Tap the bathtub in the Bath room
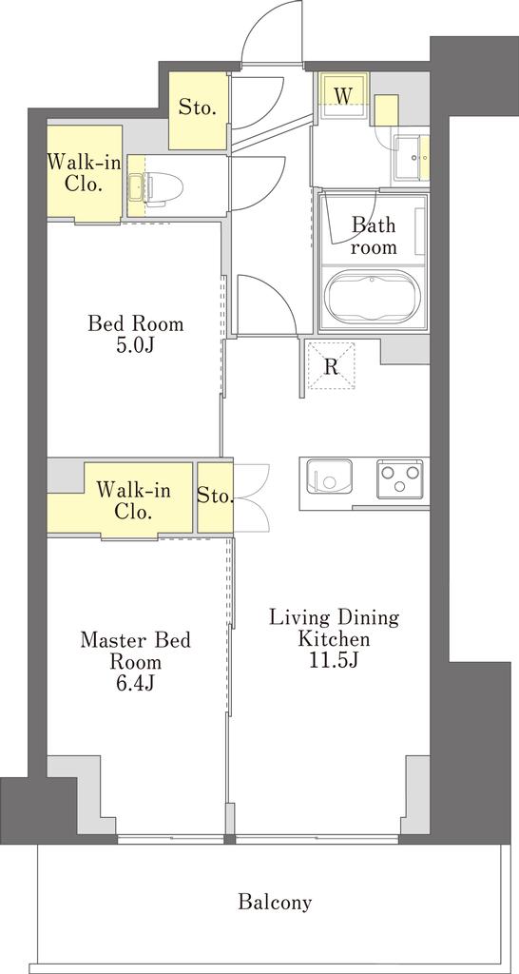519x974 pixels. click(372, 297)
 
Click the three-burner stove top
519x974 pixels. click(399, 478)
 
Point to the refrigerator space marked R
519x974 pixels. click(332, 365)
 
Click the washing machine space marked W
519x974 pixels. click(343, 95)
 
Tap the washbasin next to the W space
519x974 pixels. click(412, 159)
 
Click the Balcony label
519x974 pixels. click(275, 902)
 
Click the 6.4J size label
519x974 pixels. click(135, 683)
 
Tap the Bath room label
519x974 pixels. click(373, 236)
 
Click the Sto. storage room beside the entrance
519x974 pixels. click(198, 110)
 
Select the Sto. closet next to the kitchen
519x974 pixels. click(216, 497)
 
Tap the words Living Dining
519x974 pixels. click(333, 618)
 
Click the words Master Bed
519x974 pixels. click(135, 640)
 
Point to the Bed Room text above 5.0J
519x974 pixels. click(135, 323)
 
